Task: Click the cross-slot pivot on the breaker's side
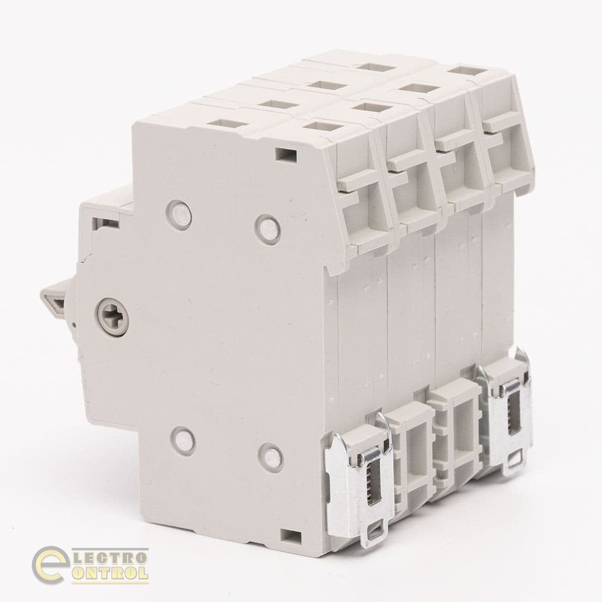(111, 312)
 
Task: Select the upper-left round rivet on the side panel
(180, 213)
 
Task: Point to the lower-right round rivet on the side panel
(272, 456)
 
